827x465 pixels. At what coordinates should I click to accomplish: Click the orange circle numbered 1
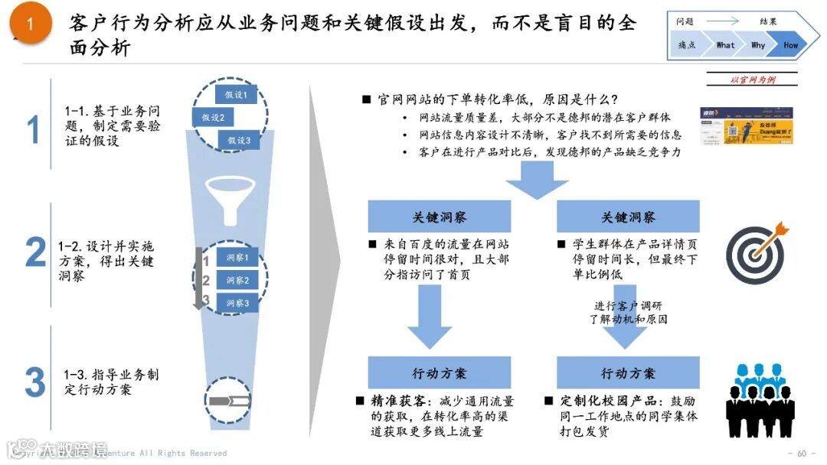(31, 25)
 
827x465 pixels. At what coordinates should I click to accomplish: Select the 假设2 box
(213, 118)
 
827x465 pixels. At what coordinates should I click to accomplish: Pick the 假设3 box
(238, 141)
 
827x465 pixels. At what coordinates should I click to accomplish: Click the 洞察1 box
(237, 259)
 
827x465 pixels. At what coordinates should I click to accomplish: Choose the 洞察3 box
(237, 303)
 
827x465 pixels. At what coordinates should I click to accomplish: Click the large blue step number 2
(35, 253)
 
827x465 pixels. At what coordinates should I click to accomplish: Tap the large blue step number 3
(35, 382)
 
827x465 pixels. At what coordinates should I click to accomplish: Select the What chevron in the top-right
(725, 45)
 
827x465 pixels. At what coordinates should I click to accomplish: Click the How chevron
(790, 45)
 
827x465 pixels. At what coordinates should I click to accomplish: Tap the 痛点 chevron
(687, 45)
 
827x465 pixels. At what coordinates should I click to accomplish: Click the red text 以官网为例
(753, 80)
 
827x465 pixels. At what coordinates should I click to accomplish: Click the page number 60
(802, 453)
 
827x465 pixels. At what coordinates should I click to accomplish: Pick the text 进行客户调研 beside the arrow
(629, 307)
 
